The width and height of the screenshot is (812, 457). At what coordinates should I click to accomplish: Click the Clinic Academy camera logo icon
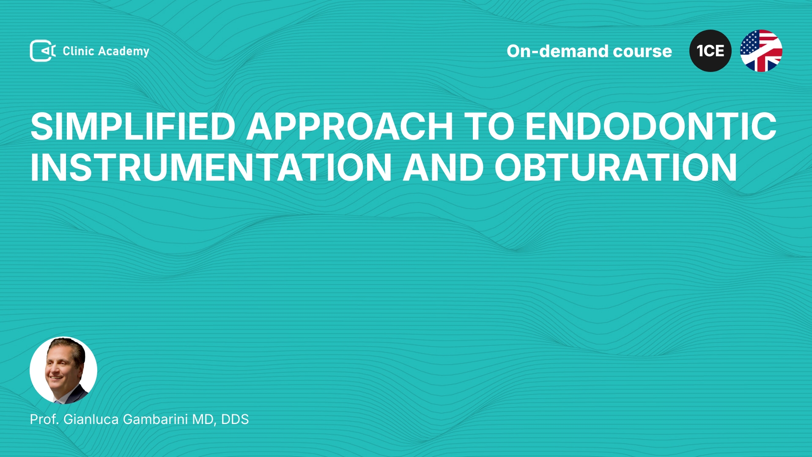pyautogui.click(x=43, y=51)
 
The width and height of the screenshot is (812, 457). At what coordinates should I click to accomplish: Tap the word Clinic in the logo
pyautogui.click(x=78, y=51)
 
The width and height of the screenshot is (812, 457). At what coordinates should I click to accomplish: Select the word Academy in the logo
pyautogui.click(x=123, y=52)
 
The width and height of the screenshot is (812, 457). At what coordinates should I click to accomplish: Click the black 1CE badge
pyautogui.click(x=710, y=51)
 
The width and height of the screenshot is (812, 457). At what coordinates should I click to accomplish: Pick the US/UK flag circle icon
pyautogui.click(x=761, y=51)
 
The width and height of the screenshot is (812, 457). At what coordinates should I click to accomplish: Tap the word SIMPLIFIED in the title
pyautogui.click(x=133, y=126)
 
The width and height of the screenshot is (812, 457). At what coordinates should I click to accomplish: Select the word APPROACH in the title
pyautogui.click(x=350, y=126)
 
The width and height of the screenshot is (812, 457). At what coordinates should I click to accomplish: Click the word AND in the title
pyautogui.click(x=443, y=168)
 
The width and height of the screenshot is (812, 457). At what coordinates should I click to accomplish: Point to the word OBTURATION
pyautogui.click(x=616, y=168)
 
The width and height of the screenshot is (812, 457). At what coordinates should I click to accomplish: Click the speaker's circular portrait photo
pyautogui.click(x=63, y=370)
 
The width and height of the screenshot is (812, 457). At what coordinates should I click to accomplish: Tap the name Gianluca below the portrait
pyautogui.click(x=91, y=419)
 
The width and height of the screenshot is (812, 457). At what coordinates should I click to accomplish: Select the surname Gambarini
pyautogui.click(x=155, y=419)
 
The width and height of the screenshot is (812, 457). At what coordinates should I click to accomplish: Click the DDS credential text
pyautogui.click(x=235, y=419)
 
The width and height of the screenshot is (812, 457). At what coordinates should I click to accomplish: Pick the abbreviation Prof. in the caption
pyautogui.click(x=44, y=419)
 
